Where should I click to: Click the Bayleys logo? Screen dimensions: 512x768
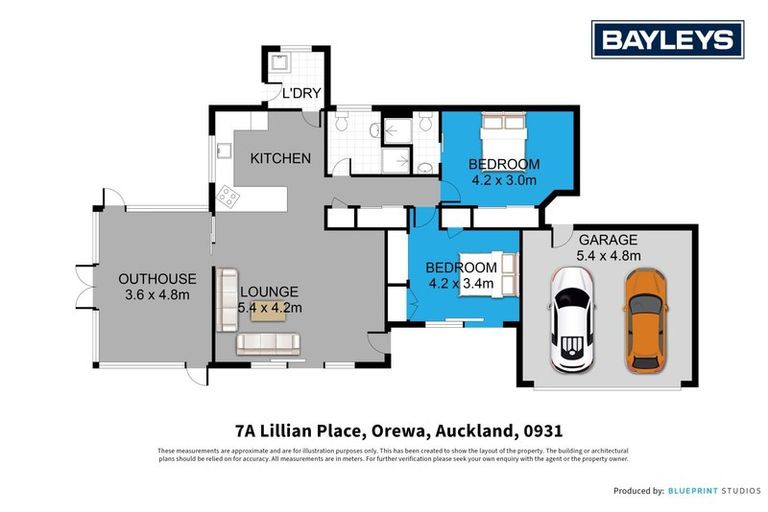[x=667, y=40]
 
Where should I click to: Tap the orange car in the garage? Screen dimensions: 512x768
[x=645, y=320]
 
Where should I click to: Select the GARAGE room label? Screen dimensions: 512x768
[x=607, y=240]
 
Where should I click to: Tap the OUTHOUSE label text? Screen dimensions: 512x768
[x=157, y=278]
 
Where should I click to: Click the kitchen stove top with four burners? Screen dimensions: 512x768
[x=228, y=197]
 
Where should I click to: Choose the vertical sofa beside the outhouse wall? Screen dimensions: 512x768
[x=227, y=300]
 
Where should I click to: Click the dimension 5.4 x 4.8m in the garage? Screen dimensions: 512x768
[x=607, y=256]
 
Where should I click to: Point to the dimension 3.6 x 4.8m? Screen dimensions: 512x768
[x=157, y=294]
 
